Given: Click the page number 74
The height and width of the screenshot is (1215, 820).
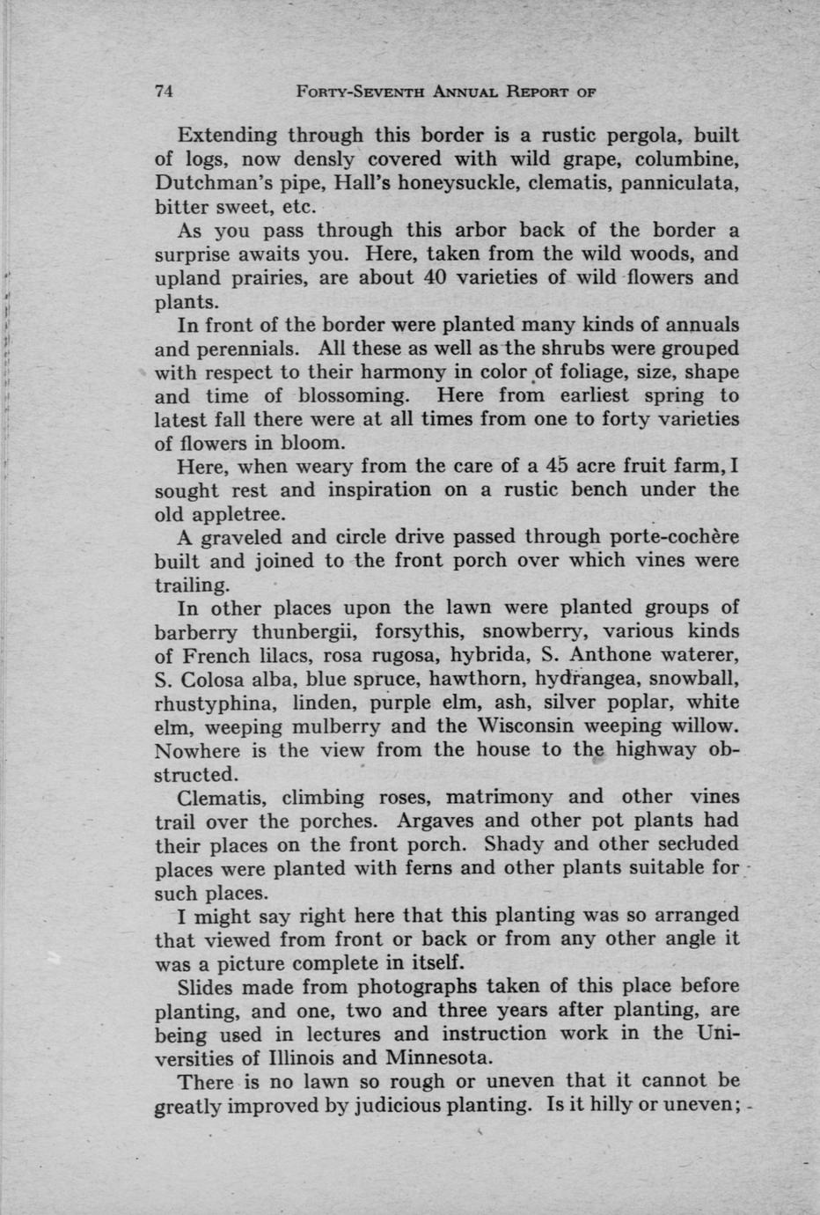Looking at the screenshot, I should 163,91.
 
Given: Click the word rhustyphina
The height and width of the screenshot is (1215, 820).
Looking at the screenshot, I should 209,703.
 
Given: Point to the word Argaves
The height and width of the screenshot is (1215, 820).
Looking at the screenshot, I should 432,821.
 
